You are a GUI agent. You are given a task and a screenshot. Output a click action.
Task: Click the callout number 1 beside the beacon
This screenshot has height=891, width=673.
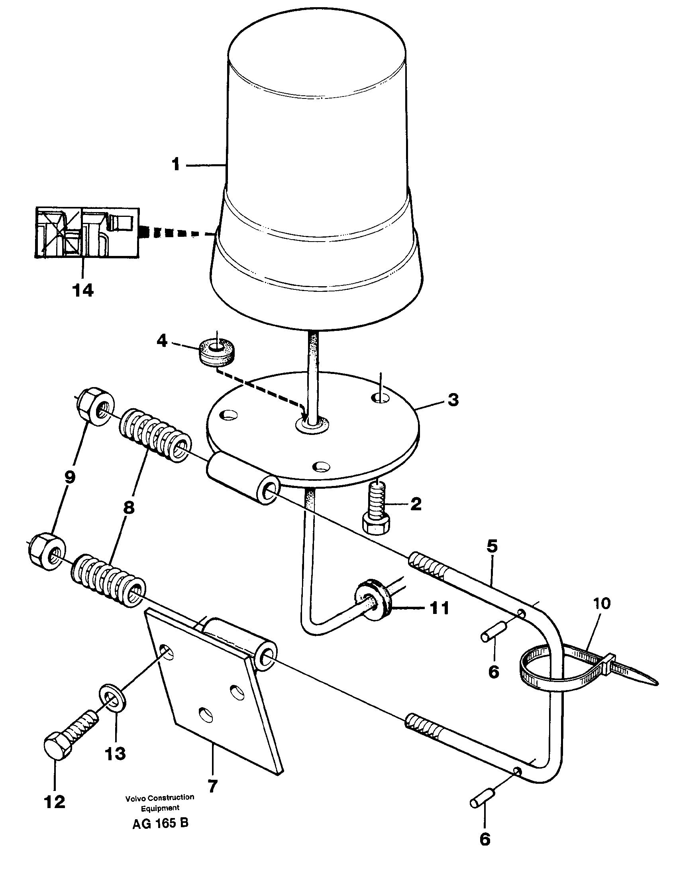click(x=175, y=165)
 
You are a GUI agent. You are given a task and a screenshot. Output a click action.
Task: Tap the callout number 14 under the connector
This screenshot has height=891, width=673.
click(x=83, y=290)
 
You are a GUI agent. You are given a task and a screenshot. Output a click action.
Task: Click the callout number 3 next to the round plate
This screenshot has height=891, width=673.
click(x=453, y=400)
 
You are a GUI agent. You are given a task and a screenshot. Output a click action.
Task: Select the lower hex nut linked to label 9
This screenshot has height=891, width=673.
click(x=48, y=552)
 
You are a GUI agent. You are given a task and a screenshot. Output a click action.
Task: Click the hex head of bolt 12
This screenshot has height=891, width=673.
click(x=57, y=748)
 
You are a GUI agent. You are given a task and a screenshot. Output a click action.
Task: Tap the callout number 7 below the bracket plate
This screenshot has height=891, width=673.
click(x=212, y=785)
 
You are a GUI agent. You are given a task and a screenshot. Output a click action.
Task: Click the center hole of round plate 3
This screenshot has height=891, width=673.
click(x=312, y=423)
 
